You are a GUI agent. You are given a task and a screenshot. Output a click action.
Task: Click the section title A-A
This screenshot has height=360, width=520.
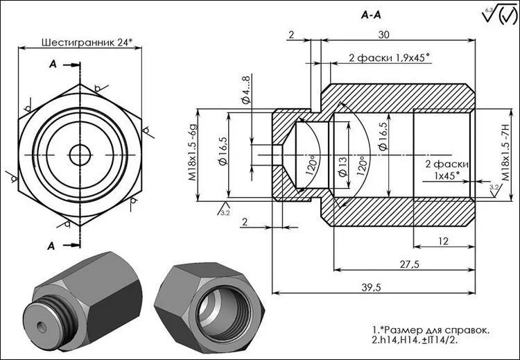371,15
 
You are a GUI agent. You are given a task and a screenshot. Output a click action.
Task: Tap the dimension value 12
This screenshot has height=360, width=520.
443,241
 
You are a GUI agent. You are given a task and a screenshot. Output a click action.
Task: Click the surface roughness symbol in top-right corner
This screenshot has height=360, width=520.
498,15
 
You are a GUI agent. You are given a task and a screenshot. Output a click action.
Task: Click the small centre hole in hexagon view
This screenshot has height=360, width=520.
80,154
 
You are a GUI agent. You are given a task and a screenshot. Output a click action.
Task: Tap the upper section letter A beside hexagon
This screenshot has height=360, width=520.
53,65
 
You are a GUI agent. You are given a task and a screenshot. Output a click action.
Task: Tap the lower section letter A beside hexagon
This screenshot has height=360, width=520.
53,245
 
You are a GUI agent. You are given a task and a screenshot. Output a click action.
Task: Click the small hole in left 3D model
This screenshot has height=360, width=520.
39,325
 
